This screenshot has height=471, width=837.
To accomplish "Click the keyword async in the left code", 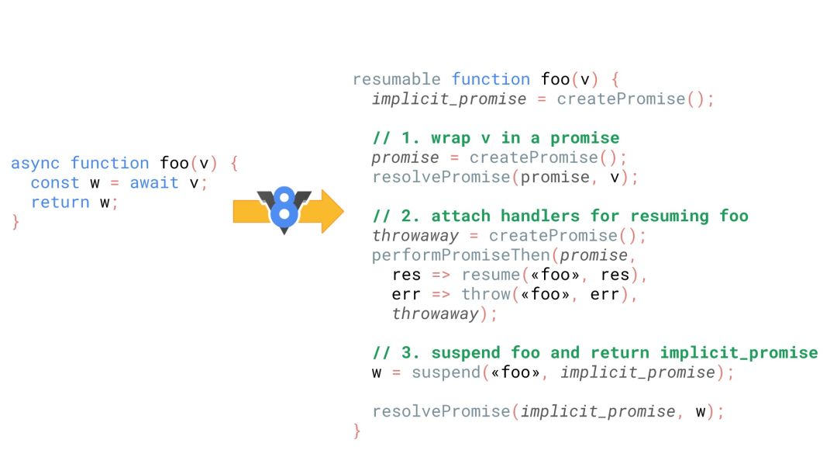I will (36, 164).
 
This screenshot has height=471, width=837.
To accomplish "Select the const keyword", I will (55, 183).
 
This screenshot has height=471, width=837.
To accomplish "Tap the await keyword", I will (154, 183).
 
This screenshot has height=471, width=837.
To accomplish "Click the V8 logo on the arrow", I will (284, 208).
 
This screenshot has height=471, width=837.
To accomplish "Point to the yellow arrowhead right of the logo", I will (330, 210).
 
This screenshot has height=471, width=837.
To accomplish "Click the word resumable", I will (396, 79).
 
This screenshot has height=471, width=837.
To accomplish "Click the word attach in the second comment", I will (460, 216).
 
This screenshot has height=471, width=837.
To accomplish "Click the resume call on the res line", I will (490, 275).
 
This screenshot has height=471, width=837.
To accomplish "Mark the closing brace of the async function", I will (15, 222).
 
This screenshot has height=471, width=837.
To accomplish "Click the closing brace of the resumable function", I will (356, 431).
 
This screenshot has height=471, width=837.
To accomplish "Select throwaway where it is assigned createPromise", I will (415, 236).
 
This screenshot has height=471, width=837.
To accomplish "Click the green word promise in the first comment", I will (585, 138).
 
